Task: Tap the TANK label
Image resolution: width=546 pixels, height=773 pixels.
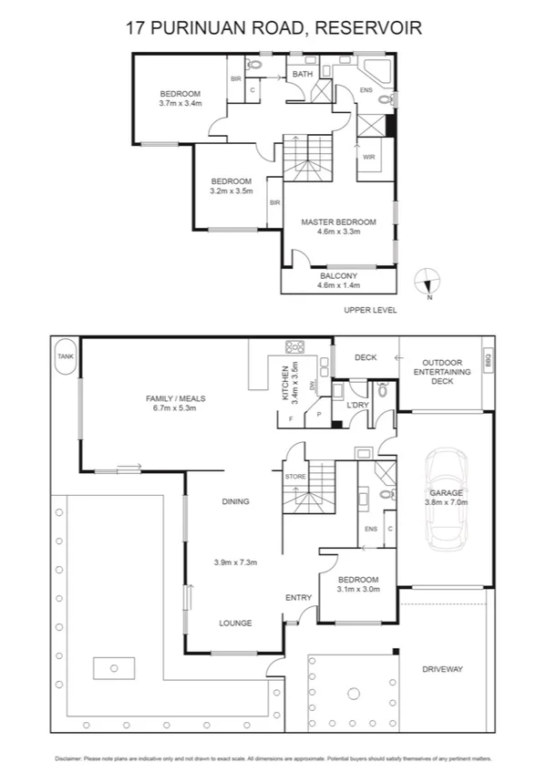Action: click(66, 356)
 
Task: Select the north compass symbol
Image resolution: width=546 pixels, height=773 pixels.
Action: click(428, 283)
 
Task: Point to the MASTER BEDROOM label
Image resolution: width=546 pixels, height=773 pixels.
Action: click(338, 222)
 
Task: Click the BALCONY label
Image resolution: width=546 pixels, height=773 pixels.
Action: click(338, 275)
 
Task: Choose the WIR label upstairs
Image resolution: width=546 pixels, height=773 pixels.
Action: click(369, 157)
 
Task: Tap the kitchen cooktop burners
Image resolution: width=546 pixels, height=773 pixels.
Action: click(296, 346)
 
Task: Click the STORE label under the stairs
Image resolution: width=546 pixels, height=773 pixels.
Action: click(294, 476)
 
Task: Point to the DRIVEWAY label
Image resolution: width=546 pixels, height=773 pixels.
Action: click(443, 669)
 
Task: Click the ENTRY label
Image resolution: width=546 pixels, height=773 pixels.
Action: click(298, 598)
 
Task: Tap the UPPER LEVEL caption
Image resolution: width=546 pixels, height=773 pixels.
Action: click(370, 310)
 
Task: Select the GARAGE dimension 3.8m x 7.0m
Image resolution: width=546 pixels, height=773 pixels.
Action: click(446, 501)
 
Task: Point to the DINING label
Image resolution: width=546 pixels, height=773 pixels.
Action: click(235, 501)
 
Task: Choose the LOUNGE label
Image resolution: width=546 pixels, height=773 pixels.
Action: click(235, 624)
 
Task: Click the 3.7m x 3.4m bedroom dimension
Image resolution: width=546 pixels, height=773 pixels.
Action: click(180, 103)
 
